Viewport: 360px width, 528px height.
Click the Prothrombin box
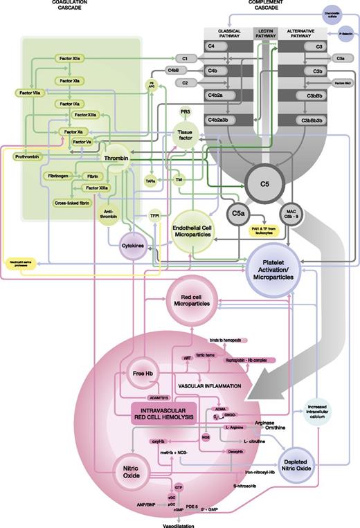(28, 157)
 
